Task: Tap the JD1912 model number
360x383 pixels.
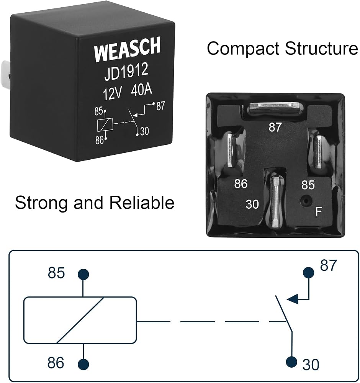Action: pos(126,72)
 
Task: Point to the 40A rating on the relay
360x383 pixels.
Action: pos(142,90)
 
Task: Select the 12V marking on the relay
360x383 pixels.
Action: pos(112,93)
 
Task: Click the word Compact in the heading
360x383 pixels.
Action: pos(244,49)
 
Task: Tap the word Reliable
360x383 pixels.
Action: pos(142,202)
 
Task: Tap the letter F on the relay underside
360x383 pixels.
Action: pos(318,211)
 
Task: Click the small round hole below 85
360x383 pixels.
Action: pos(304,201)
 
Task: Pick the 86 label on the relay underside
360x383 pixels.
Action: pos(241,184)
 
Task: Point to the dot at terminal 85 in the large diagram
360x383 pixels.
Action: pos(83,274)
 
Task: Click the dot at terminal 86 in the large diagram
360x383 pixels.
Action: pos(83,364)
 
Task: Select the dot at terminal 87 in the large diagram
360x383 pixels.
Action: pos(308,272)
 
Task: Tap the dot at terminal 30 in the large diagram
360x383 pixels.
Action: pos(291,362)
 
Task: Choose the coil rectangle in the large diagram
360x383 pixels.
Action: pos(80,320)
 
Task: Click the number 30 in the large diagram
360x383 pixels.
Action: pos(311,365)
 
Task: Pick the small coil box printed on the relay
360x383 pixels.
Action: pos(105,124)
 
